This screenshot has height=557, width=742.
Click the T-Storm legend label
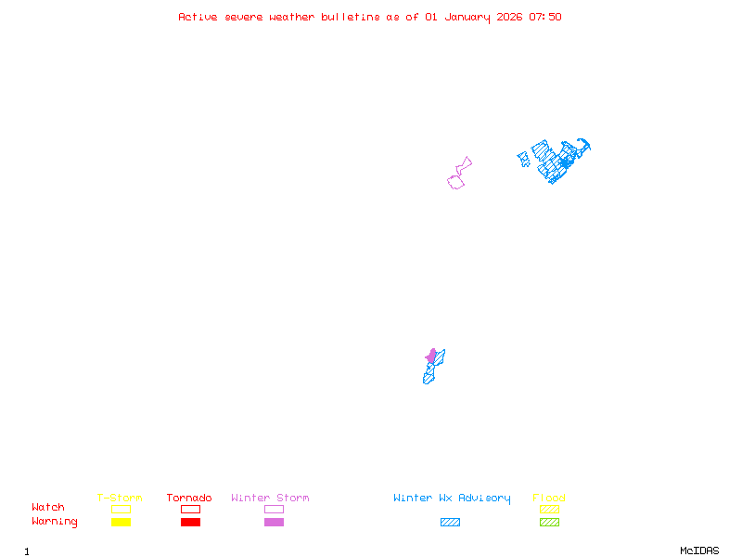[120, 499]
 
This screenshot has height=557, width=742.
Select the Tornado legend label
[189, 499]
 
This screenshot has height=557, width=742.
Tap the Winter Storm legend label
[270, 499]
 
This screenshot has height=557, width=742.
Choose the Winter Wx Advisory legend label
[452, 499]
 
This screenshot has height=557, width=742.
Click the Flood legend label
[549, 499]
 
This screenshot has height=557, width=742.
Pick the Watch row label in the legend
[48, 508]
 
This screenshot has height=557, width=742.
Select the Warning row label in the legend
[55, 522]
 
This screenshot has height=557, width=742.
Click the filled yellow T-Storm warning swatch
[121, 522]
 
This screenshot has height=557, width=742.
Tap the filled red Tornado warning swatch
[190, 522]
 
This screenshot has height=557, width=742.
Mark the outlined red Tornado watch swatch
[190, 509]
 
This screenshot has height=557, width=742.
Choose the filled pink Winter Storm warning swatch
[274, 522]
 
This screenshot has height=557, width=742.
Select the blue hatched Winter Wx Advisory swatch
[450, 522]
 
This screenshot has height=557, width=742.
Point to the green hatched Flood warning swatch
[549, 522]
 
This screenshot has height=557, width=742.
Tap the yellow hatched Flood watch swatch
[549, 509]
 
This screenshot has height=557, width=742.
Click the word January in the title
[465, 17]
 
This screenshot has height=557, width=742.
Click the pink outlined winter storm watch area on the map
[455, 182]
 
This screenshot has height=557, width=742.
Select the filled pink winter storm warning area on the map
[431, 356]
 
